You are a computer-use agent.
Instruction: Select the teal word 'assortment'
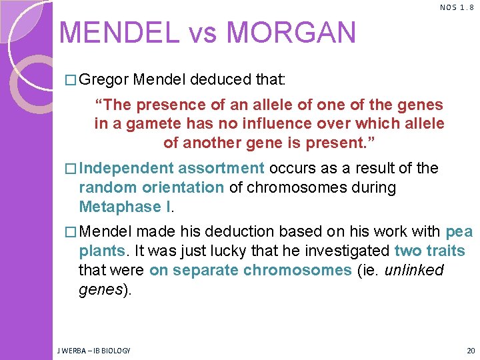click(221, 169)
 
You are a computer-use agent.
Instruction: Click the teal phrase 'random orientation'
click(151, 188)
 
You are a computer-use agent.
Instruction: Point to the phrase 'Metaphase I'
click(125, 207)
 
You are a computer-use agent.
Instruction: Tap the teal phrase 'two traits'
click(429, 251)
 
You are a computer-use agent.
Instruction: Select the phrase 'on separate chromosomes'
click(250, 270)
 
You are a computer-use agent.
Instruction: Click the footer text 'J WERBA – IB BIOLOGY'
click(95, 351)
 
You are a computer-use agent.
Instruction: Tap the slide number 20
click(471, 351)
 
